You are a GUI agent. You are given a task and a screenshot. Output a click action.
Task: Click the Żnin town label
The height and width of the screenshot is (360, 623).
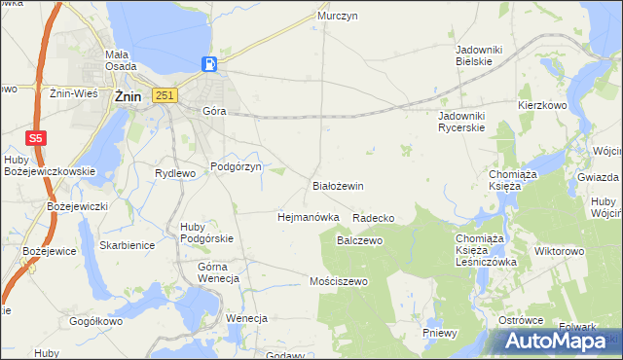coord(128,96)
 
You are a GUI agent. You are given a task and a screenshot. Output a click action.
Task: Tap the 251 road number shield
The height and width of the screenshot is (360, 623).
coord(165,94)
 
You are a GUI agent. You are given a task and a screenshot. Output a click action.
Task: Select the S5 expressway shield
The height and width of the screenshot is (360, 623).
coord(35,138)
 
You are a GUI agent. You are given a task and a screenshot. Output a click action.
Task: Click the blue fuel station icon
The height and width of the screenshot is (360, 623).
coord(208,64)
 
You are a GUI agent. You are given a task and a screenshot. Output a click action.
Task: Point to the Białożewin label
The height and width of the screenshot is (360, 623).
coord(338,185)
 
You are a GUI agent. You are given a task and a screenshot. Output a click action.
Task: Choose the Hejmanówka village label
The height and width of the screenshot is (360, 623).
coord(308,217)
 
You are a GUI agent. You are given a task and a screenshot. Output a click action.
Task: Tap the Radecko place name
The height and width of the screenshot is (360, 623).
coord(374,218)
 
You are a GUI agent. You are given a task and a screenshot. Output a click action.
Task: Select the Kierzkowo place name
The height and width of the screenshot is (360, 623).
coord(542,104)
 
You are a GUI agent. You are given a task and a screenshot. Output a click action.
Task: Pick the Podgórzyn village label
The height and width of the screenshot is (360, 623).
coord(237,167)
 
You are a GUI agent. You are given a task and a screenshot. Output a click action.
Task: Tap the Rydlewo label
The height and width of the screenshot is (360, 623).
coord(176,173)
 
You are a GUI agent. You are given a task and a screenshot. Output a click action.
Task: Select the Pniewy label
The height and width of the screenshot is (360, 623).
coord(440,332)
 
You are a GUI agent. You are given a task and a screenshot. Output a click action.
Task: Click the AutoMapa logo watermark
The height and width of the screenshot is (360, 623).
coord(558,342)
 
